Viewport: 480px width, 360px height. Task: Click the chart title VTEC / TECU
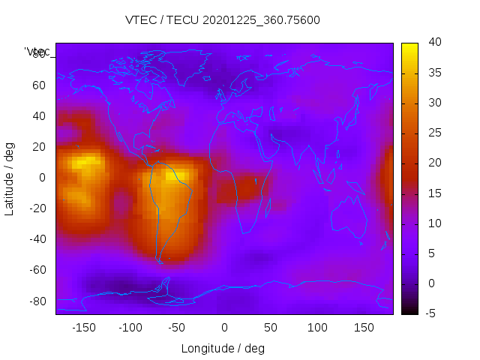(223, 20)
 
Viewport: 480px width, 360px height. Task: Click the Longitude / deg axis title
(223, 348)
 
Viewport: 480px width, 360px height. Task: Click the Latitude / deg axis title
(10, 178)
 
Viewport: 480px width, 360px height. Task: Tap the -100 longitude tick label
(130, 328)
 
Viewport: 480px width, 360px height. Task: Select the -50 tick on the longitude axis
(177, 328)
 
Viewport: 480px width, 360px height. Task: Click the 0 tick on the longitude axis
(224, 328)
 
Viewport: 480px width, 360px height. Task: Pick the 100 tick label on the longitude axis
(317, 328)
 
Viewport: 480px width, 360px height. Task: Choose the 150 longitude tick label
(364, 328)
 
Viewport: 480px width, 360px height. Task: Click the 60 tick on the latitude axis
(39, 85)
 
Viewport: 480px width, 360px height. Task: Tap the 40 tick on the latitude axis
(39, 115)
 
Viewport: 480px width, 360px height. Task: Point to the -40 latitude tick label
(36, 239)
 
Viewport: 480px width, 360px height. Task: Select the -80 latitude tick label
(36, 301)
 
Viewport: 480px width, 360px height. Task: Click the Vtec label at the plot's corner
(37, 52)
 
